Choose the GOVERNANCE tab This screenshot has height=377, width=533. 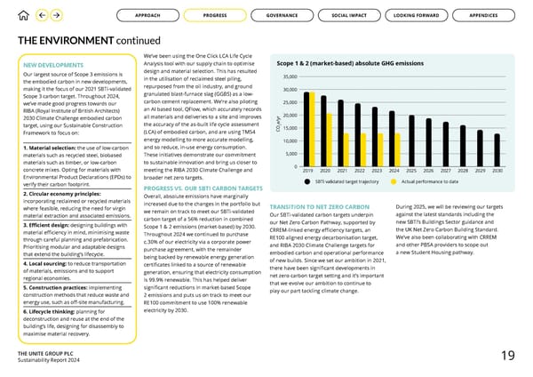pyautogui.click(x=282, y=15)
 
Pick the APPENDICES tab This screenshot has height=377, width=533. pyautogui.click(x=483, y=15)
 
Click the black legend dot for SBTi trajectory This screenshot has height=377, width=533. pyautogui.click(x=308, y=181)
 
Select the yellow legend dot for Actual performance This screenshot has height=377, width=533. pyautogui.click(x=394, y=181)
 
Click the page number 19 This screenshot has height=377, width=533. pyautogui.click(x=506, y=356)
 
